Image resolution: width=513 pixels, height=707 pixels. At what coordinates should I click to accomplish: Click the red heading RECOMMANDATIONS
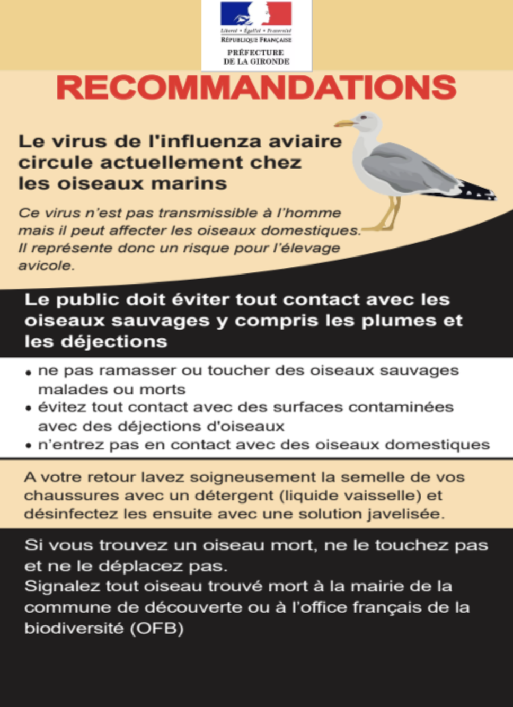click(256, 88)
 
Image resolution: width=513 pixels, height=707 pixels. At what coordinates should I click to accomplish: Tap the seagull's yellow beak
click(344, 123)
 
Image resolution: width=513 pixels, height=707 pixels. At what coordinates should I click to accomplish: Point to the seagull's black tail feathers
click(477, 191)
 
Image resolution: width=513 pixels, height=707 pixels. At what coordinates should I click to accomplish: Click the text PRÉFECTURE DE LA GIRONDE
click(256, 57)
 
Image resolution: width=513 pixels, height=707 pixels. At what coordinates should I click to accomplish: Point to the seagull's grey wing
click(408, 170)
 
